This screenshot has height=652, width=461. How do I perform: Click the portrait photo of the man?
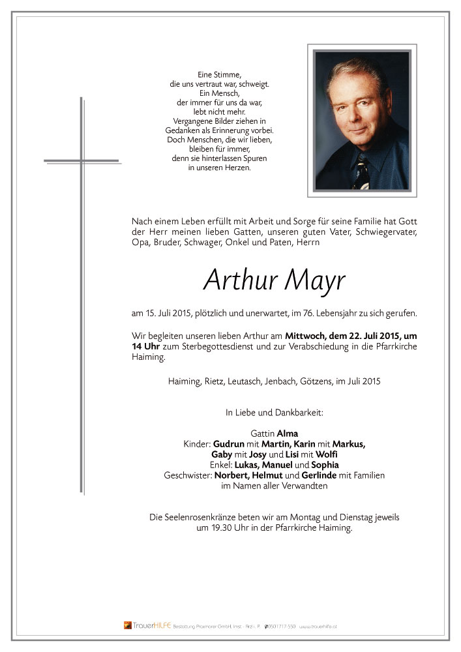362,121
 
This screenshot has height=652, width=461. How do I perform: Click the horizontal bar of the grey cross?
82,160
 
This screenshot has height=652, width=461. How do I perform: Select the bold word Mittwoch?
306,335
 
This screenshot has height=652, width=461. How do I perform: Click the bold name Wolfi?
328,454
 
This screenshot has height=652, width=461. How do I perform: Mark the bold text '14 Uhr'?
145,346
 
